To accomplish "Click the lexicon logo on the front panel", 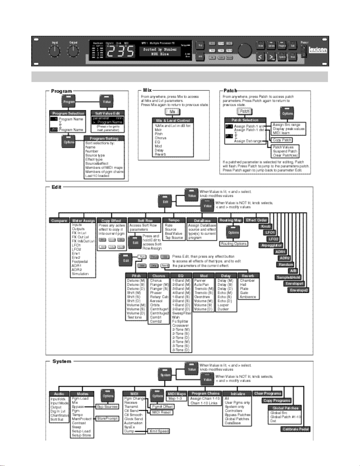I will click(318, 50).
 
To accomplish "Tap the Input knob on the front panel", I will click(54, 51).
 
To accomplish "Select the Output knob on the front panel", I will click(73, 51).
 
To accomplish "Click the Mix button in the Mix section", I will click(172, 112).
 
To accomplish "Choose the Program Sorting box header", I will click(104, 138).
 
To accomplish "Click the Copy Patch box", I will click(282, 140).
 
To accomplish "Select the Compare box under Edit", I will click(59, 221).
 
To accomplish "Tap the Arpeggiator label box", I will click(272, 245).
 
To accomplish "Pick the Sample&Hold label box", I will click(288, 277).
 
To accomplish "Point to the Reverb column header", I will click(248, 276).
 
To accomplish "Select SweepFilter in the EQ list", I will click(182, 313).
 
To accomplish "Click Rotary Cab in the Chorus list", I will click(159, 297).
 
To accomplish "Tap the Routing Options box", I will click(234, 244).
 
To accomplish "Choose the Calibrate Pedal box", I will click(295, 429).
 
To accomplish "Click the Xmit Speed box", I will click(159, 431).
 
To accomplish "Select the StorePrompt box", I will click(107, 418).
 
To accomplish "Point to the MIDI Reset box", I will click(161, 412).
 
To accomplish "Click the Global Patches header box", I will click(285, 408).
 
